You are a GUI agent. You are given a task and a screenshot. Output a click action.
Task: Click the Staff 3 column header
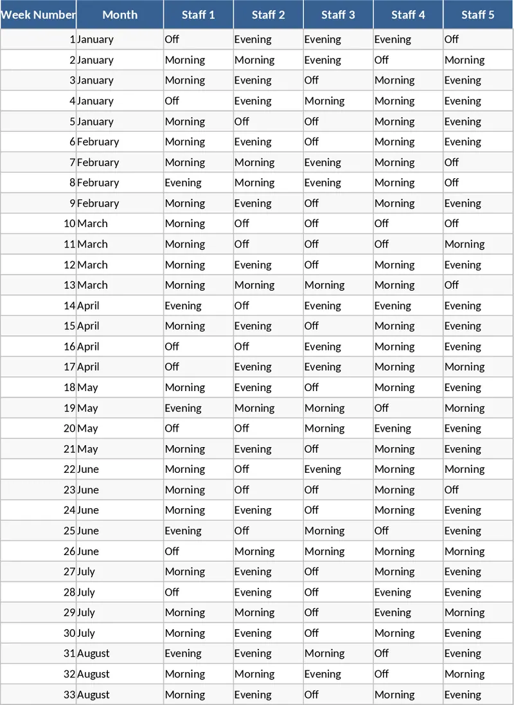(338, 15)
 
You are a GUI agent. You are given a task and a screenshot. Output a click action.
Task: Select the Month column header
(120, 15)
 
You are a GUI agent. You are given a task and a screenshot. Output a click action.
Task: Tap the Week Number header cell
(38, 15)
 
